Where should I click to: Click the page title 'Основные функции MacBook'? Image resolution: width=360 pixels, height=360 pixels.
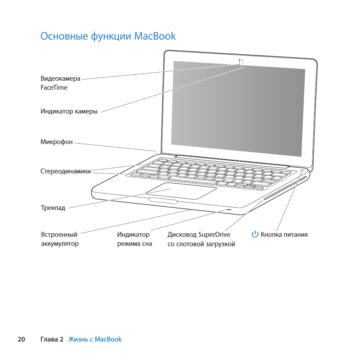(x=108, y=36)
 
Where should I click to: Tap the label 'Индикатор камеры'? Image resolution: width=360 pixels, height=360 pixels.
(x=69, y=111)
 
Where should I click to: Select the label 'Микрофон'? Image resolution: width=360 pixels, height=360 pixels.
(x=57, y=142)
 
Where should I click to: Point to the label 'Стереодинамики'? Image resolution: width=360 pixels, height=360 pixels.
(x=66, y=171)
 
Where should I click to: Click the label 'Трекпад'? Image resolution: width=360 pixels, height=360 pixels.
(x=53, y=208)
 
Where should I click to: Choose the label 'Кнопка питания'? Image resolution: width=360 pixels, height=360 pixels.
(x=284, y=234)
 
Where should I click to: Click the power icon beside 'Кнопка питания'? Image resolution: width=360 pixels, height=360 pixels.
(x=255, y=234)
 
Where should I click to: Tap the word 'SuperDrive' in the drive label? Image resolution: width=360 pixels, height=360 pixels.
(x=214, y=234)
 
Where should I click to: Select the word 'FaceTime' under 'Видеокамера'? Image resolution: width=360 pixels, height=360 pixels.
(x=54, y=87)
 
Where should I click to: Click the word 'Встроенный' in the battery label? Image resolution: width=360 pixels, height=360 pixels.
(x=59, y=234)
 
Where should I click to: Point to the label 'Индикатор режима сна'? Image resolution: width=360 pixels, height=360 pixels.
(x=134, y=239)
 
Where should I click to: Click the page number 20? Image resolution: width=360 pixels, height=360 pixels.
(x=21, y=339)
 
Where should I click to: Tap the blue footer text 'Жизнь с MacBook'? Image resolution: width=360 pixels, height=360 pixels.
(x=95, y=339)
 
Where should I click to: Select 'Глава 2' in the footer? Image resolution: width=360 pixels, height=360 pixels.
(x=52, y=339)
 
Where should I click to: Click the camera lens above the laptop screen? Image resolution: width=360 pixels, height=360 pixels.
(x=240, y=60)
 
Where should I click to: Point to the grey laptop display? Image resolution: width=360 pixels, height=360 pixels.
(x=237, y=107)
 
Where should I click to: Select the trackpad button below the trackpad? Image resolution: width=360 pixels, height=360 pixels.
(x=163, y=201)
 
